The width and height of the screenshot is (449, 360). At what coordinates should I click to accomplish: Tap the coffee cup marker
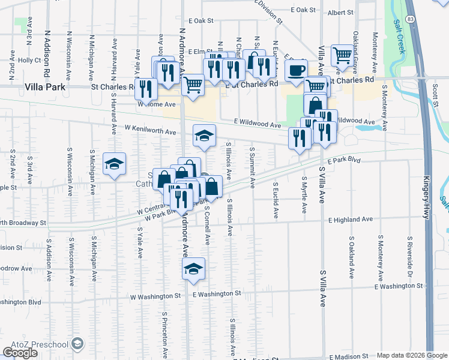[x=296, y=71]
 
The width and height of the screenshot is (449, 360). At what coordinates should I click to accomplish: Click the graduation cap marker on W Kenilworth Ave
[x=204, y=136]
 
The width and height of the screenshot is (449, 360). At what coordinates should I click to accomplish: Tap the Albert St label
[x=340, y=12]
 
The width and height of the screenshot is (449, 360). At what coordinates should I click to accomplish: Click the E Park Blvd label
[x=345, y=160]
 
